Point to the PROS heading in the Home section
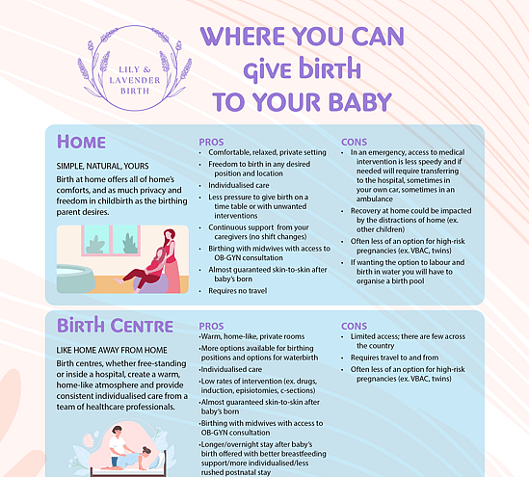(x=211, y=142)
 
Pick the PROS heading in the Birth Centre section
(x=211, y=326)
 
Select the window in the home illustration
(x=111, y=241)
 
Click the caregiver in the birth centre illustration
(x=116, y=441)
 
